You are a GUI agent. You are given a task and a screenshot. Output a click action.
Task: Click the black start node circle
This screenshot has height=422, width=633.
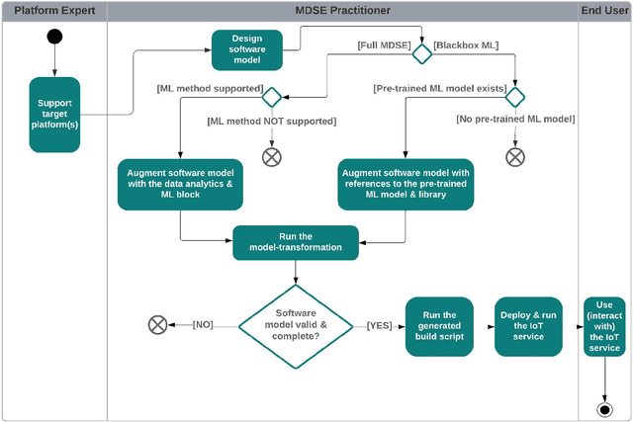click(54, 37)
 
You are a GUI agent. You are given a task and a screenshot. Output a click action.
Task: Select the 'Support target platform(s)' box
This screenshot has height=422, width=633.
click(54, 115)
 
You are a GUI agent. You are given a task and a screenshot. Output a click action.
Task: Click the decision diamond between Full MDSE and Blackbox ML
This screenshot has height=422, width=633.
click(422, 53)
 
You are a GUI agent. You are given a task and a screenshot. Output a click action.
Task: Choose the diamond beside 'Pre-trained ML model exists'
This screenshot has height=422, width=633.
click(515, 97)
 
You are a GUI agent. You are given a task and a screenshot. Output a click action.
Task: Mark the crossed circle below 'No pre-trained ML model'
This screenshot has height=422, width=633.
click(515, 156)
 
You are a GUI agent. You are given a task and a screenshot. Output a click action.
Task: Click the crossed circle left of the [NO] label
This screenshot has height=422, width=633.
click(156, 324)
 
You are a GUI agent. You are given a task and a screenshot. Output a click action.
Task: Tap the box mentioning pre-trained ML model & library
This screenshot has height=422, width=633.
click(406, 184)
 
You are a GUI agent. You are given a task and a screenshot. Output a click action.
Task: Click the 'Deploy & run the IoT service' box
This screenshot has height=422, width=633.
click(527, 325)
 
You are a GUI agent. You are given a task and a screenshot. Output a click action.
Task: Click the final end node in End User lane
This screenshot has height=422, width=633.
click(603, 408)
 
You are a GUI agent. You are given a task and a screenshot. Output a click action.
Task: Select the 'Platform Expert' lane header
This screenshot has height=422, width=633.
click(54, 10)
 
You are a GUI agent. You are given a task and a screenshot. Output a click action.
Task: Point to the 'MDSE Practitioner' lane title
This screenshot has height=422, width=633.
click(342, 10)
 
